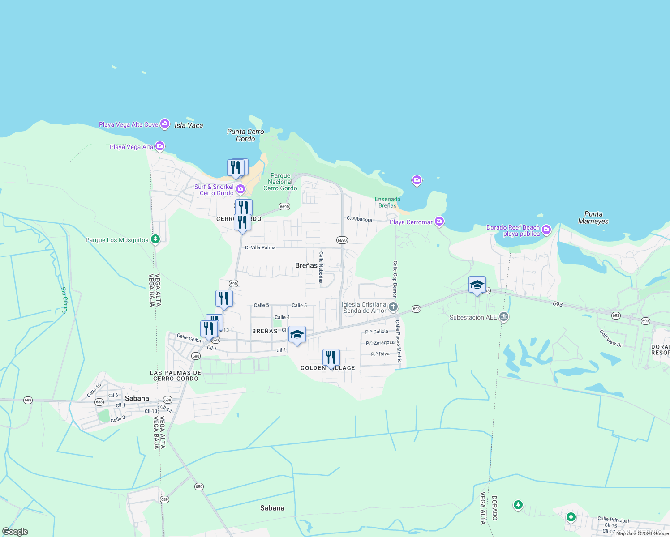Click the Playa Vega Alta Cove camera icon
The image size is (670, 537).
click(165, 124)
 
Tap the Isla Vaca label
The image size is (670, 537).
click(189, 125)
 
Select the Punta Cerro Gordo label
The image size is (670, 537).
click(245, 135)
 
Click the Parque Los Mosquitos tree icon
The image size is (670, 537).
click(155, 239)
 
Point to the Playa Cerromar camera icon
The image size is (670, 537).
click(439, 221)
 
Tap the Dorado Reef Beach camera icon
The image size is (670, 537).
click(546, 230)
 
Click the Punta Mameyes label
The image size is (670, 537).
click(593, 217)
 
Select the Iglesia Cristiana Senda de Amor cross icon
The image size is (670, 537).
click(393, 307)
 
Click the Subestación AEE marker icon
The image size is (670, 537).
click(504, 317)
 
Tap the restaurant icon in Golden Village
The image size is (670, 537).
click(331, 358)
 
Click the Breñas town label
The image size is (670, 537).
click(306, 265)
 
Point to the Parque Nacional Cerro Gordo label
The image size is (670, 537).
click(280, 182)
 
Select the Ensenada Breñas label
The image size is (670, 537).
click(387, 202)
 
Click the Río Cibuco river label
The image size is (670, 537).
click(64, 300)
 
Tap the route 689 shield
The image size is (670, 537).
click(164, 499)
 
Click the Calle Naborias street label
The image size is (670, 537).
click(321, 267)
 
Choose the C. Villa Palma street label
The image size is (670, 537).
click(260, 247)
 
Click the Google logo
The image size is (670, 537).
click(15, 532)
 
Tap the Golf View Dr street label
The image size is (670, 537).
click(611, 338)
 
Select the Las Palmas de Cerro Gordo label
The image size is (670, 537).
click(176, 375)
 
